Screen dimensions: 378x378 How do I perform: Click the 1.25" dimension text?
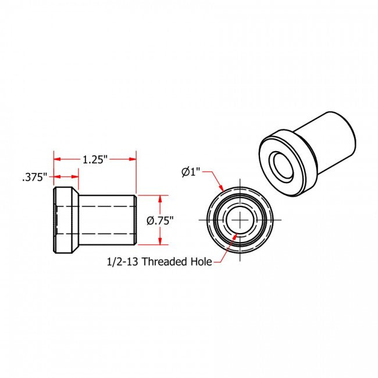(x=95, y=158)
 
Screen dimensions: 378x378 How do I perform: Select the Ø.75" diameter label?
(x=161, y=220)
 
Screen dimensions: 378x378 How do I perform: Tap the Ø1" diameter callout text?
(x=190, y=172)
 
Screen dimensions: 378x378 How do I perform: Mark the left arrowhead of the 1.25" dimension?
(x=57, y=159)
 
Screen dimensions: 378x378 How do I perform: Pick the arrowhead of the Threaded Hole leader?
(x=234, y=236)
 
